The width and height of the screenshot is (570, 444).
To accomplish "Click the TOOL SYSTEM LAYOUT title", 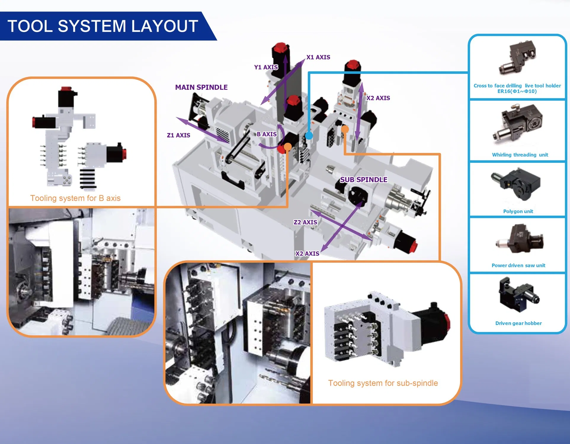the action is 103,26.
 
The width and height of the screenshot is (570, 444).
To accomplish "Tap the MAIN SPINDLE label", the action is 201,87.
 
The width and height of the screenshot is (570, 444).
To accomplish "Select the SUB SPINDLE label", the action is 364,180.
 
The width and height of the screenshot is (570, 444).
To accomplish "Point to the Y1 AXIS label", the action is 266,67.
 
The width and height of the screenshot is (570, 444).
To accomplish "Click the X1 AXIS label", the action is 318,57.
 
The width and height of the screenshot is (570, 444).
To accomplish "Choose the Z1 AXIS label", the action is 179,135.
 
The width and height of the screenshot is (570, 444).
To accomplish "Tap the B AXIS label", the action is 267,134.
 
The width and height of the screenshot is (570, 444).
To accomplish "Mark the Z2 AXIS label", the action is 305,222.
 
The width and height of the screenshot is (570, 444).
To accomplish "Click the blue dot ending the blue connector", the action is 309,136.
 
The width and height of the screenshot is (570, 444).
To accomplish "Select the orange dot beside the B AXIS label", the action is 288,147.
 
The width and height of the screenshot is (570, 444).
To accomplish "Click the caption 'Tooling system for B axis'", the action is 75,198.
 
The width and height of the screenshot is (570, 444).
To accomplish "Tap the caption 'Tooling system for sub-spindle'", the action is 383,383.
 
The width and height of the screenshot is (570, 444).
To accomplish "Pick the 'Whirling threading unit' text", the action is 520,155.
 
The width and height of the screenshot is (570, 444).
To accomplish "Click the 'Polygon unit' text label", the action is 518,211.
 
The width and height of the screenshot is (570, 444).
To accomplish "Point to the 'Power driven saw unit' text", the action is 518,265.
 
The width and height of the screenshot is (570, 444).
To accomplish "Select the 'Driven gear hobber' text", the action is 518,323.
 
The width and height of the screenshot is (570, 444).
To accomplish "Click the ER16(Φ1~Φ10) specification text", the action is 517,91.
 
